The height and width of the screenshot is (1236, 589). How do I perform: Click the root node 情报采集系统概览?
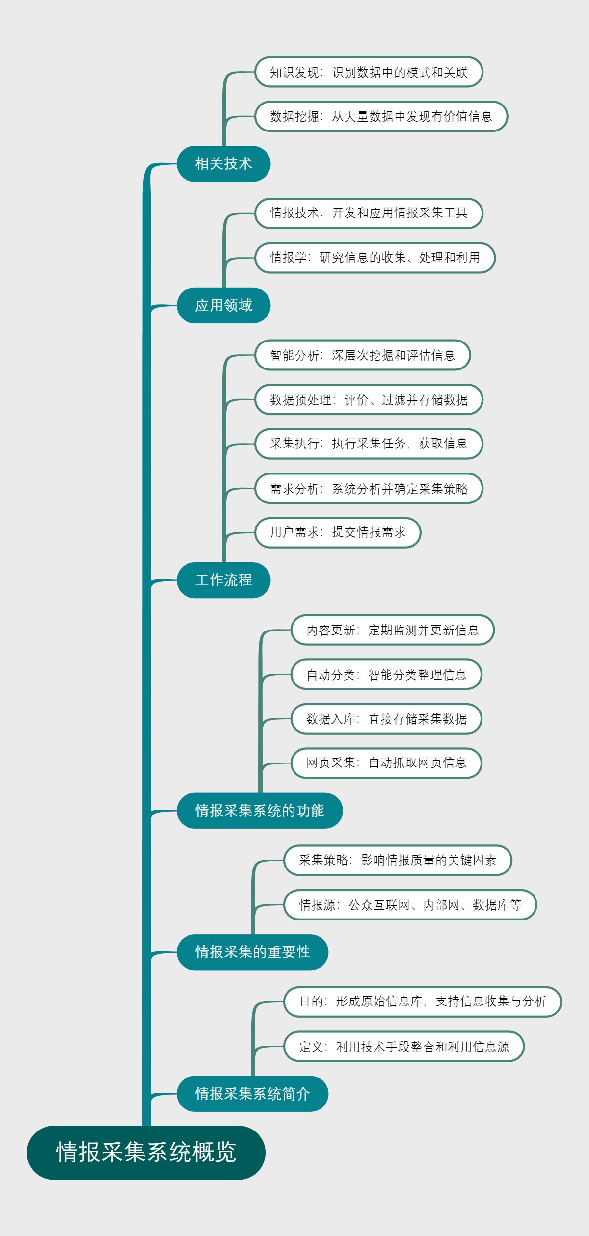click(146, 1152)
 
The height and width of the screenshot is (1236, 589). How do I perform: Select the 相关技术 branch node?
click(223, 163)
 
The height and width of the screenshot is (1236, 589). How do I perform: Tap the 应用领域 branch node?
click(223, 305)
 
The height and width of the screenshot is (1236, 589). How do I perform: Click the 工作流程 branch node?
click(223, 580)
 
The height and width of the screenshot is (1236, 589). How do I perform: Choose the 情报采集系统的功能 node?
click(259, 811)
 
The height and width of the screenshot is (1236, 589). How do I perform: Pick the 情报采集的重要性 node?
click(252, 952)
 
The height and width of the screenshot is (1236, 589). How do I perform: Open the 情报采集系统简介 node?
click(252, 1094)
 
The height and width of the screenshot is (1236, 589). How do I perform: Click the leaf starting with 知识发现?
click(369, 72)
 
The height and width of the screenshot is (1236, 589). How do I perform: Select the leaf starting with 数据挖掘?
click(381, 116)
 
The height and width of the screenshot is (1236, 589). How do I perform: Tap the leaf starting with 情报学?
click(375, 258)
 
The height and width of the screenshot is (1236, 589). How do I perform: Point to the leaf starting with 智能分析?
click(362, 355)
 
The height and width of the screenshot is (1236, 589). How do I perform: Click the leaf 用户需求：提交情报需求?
click(338, 532)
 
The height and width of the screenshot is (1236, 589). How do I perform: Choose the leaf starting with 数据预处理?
click(369, 400)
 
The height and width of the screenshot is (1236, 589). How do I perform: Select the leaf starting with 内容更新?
click(392, 630)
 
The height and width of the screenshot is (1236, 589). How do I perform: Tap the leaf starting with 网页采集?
click(386, 763)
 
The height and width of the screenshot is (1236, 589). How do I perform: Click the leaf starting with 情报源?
click(410, 905)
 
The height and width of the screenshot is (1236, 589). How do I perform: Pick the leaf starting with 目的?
click(422, 1001)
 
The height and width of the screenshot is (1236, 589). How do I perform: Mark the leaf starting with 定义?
click(404, 1046)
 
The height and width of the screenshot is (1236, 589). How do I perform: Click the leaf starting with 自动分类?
click(386, 675)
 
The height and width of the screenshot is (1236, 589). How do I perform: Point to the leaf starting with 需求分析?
click(369, 489)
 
